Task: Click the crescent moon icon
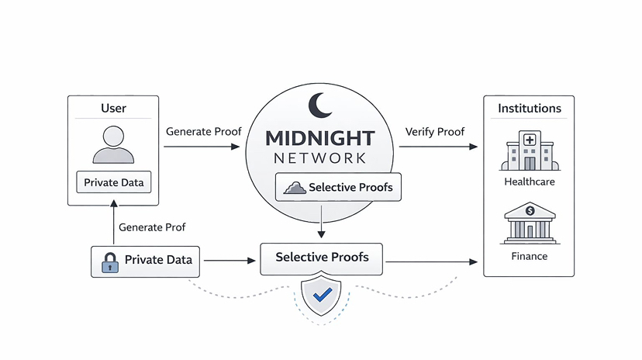pos(319,105)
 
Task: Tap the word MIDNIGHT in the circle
pos(320,139)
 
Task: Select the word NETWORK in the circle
pos(320,158)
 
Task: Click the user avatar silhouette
pos(113,144)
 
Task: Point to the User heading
pos(113,108)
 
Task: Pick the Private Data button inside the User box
pos(113,183)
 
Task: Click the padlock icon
pos(109,262)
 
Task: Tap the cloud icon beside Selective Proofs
pos(295,187)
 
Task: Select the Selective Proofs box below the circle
pos(322,258)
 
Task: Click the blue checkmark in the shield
pos(322,294)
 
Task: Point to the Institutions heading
pos(530,108)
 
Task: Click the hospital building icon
pos(530,151)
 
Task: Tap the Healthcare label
pos(530,182)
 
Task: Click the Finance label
pos(530,256)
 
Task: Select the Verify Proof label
pos(435,131)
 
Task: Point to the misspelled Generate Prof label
pos(152,227)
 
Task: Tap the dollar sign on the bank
pos(530,210)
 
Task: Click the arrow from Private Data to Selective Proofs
pos(229,261)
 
